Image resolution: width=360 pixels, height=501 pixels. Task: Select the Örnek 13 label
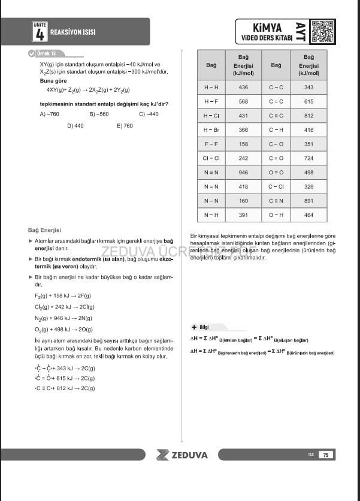click(x=46, y=54)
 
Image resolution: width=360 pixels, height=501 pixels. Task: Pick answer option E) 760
click(x=125, y=126)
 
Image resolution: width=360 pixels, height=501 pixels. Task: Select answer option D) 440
click(x=75, y=126)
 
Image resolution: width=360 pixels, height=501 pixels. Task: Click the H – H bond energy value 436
click(x=243, y=87)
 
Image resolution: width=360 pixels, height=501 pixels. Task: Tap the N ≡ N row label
click(x=211, y=172)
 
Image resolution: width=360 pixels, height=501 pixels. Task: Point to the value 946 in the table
click(x=243, y=172)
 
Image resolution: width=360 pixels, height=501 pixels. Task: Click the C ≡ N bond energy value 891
click(x=308, y=201)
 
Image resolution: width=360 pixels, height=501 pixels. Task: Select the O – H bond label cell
click(x=276, y=215)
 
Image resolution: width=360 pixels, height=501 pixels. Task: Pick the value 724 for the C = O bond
click(x=308, y=158)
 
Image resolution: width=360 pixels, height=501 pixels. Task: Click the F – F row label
click(x=211, y=144)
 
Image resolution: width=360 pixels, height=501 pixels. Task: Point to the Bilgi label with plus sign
click(x=199, y=327)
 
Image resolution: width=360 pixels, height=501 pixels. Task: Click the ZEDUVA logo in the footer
click(x=181, y=455)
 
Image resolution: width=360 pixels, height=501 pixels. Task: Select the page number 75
click(x=326, y=455)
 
